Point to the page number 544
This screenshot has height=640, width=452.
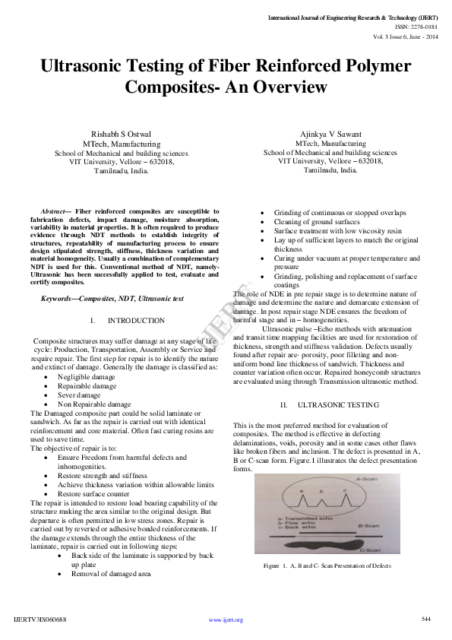pos(425,619)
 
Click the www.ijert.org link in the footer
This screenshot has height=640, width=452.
pos(226,620)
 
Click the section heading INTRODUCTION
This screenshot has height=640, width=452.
pos(136,321)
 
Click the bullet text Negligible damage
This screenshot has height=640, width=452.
pos(86,377)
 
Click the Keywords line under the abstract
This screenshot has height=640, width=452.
pos(112,299)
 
